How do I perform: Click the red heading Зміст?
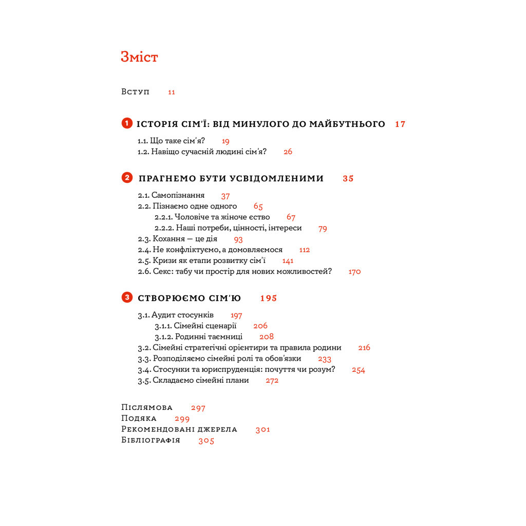[x=139, y=57]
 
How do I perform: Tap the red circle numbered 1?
[x=126, y=123]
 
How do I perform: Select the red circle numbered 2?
[x=126, y=178]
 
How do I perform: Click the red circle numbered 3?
[x=126, y=297]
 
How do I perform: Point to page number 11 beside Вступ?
[x=172, y=92]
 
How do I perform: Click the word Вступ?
[x=136, y=91]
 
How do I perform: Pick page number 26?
[x=288, y=152]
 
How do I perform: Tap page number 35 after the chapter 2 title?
[x=348, y=179]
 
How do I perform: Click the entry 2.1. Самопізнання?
[x=171, y=195]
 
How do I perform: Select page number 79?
[x=323, y=229]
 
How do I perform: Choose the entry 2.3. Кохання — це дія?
[x=177, y=239]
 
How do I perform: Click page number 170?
[x=354, y=272]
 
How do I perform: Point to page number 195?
[x=269, y=298]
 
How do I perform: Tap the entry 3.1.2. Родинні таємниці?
[x=198, y=337]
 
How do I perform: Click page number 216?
[x=364, y=348]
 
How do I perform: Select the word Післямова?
[x=147, y=407]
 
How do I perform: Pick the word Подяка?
[x=139, y=418]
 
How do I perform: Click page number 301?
[x=263, y=429]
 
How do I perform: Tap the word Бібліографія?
[x=151, y=440]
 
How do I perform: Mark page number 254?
[x=359, y=370]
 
